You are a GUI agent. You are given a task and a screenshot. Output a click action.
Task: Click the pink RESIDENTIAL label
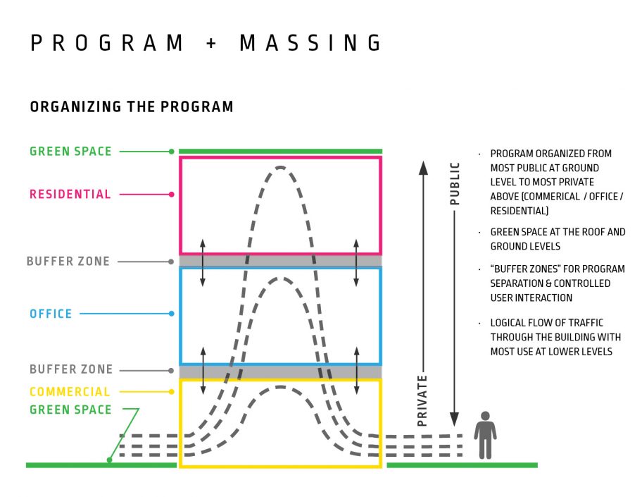(x=70, y=194)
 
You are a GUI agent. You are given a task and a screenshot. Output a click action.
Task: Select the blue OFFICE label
(x=51, y=314)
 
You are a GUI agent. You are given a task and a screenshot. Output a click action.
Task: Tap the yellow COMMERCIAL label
(x=70, y=392)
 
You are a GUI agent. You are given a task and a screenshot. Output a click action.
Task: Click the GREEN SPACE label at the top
(x=70, y=152)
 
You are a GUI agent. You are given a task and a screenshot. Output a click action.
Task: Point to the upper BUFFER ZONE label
(x=68, y=262)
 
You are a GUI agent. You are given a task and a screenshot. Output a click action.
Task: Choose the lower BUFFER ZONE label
(x=71, y=369)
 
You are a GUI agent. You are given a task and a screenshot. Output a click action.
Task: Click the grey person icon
(x=485, y=435)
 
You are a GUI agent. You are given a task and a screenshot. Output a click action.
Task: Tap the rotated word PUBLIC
(x=455, y=184)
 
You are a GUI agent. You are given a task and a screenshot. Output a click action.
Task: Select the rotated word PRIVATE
(x=422, y=400)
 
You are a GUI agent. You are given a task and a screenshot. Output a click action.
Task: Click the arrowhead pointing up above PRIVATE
(x=423, y=168)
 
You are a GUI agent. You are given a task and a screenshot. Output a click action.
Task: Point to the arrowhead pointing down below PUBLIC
(x=454, y=419)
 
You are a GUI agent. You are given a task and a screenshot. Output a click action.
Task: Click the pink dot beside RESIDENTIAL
(x=172, y=195)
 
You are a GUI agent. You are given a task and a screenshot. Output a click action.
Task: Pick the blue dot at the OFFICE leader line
(x=172, y=314)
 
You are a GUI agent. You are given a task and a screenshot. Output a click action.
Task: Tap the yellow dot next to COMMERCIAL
(x=172, y=392)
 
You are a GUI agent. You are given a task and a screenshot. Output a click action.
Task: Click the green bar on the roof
(x=280, y=152)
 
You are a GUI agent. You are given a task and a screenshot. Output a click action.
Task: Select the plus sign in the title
(x=211, y=42)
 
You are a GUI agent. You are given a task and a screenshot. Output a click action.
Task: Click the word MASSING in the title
(x=310, y=42)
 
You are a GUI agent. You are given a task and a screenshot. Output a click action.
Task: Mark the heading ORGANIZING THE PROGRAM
(x=132, y=106)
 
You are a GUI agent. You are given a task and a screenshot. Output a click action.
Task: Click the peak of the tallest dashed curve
(x=280, y=167)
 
